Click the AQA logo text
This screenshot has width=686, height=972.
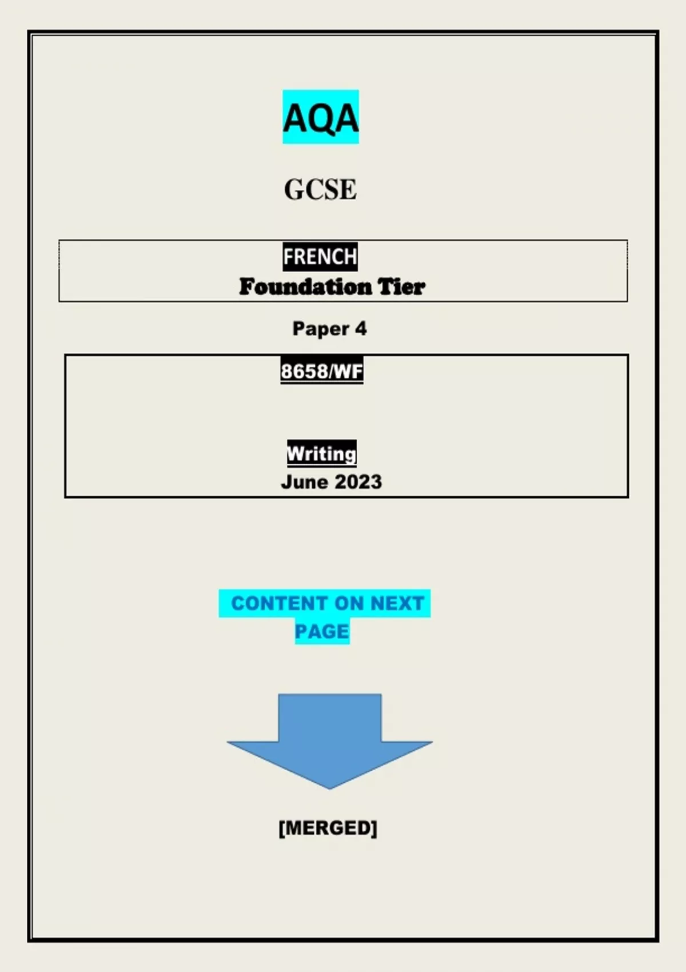[320, 118]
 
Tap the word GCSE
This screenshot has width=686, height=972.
[320, 189]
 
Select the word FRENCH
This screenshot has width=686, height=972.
[320, 257]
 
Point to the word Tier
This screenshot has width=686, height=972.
[401, 286]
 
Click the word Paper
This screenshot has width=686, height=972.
[320, 329]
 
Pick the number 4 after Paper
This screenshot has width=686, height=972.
[361, 329]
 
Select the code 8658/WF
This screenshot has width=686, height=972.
[322, 371]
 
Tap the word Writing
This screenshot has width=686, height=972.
[321, 453]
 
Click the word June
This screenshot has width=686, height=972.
[304, 482]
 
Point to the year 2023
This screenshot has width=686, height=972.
[358, 482]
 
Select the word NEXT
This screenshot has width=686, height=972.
[397, 603]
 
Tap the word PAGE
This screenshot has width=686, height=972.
[322, 631]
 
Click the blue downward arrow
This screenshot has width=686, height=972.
[330, 738]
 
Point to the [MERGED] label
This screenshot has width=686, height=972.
[328, 827]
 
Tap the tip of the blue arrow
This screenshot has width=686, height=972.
[330, 787]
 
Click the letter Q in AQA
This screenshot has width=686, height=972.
[321, 119]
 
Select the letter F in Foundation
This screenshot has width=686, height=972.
[246, 286]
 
